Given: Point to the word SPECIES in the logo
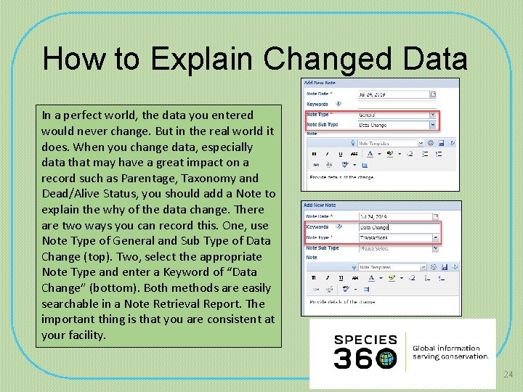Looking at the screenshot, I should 365,340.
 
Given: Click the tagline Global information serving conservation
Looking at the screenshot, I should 450,352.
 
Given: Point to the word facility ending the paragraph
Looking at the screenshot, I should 86,335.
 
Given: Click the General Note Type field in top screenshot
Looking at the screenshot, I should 397,115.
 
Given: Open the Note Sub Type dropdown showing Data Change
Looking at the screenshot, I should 397,125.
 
